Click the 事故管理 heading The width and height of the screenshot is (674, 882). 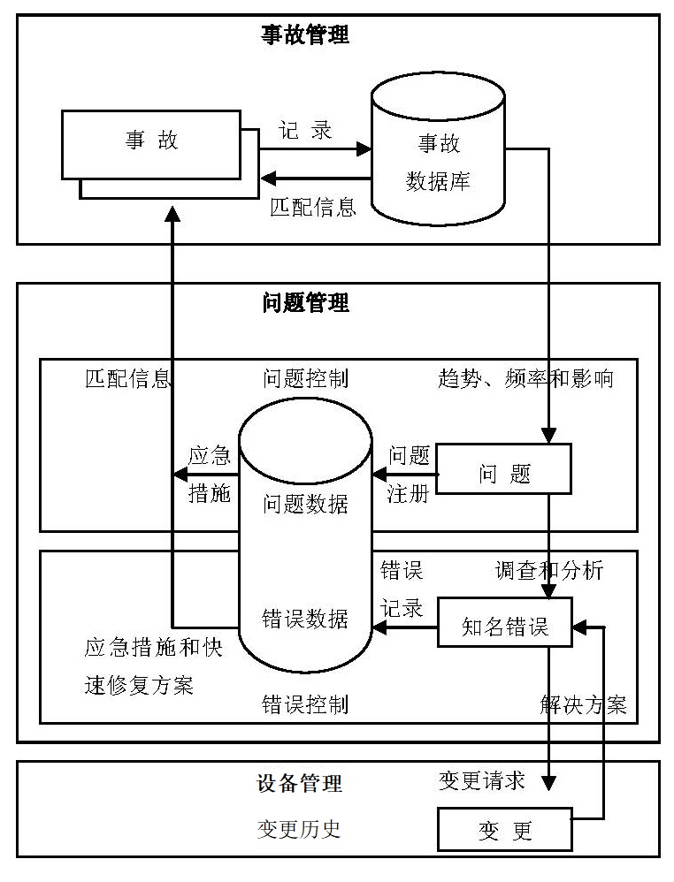click(x=305, y=35)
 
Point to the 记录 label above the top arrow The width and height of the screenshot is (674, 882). click(x=306, y=130)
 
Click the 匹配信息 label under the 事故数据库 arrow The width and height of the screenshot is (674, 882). click(x=313, y=208)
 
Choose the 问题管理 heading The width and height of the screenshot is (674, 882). click(x=305, y=303)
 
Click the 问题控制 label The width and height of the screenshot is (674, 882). click(x=305, y=379)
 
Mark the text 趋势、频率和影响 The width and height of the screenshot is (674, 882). click(x=525, y=379)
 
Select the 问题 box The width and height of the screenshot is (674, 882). click(x=505, y=473)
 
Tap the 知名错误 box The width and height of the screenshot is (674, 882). click(x=505, y=627)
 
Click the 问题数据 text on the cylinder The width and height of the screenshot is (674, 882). click(x=305, y=504)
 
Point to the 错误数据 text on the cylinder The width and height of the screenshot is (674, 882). click(x=305, y=619)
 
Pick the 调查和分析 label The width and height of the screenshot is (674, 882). click(x=548, y=571)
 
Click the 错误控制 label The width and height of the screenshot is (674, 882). click(x=305, y=704)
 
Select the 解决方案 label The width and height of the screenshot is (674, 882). click(x=583, y=704)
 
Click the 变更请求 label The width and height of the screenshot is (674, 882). click(x=482, y=781)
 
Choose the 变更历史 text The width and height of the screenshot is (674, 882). click(x=299, y=829)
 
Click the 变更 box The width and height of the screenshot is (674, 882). click(x=505, y=832)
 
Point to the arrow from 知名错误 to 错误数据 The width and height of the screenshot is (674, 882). click(x=405, y=627)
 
